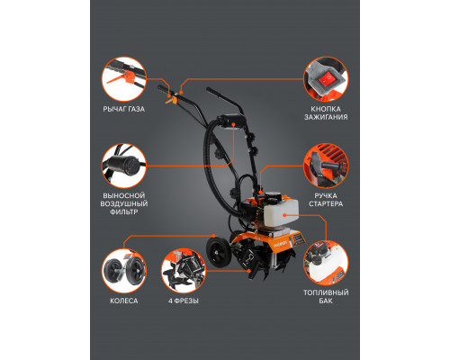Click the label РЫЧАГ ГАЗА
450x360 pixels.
[124, 109]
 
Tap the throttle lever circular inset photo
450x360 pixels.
[124, 79]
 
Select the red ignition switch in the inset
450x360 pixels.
[328, 79]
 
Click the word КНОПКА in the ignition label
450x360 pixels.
[326, 109]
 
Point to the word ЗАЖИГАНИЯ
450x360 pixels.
[326, 117]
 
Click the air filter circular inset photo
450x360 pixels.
[124, 166]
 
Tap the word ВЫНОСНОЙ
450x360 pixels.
[124, 195]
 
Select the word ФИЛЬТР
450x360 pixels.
[124, 211]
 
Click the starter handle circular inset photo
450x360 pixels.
[326, 166]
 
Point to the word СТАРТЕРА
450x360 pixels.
[326, 203]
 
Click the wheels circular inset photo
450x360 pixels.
[124, 271]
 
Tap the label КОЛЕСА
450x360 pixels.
[124, 301]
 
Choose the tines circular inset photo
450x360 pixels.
[184, 271]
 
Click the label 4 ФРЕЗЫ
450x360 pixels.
[184, 301]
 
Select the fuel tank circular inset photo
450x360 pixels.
[326, 263]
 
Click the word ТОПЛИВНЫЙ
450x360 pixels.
[326, 292]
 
